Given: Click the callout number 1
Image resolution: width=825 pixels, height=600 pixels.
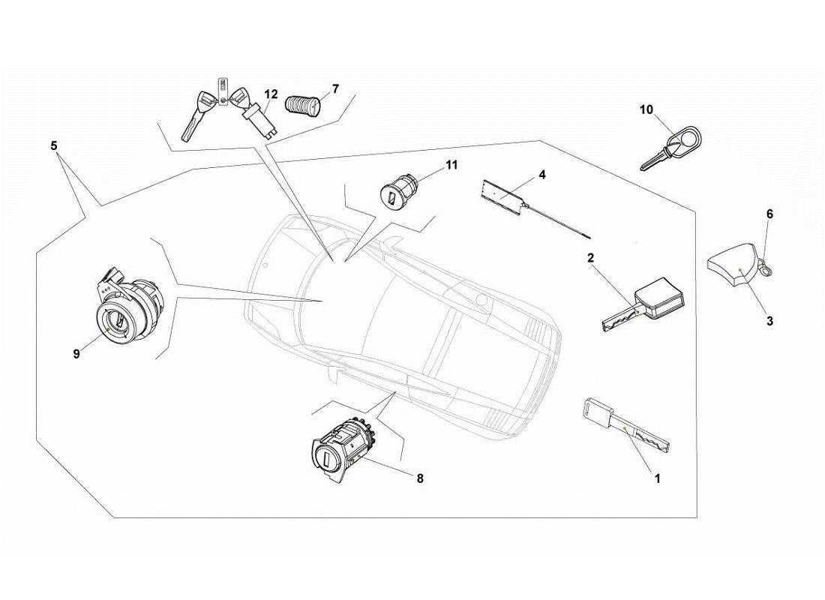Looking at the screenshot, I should pos(658,478).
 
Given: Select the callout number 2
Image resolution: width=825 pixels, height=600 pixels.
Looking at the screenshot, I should pos(590,258).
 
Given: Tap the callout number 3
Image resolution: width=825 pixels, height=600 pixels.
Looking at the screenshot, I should pos(769,320).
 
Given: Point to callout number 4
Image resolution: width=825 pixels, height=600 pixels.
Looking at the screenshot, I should pos(541,175).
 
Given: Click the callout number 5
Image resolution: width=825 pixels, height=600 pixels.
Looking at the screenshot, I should pos(54,145).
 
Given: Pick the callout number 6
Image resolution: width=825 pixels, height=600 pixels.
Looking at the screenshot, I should pos(769,214).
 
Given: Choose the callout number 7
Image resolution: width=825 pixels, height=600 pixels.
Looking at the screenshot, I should pos(335,88).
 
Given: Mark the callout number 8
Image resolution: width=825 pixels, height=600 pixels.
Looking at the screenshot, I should pos(420,478).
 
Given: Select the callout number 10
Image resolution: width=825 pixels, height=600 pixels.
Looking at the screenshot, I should pos(646,109).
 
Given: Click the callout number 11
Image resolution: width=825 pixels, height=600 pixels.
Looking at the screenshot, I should pos(451,165).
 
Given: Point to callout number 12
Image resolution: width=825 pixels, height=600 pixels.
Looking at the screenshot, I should pos(271,94).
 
